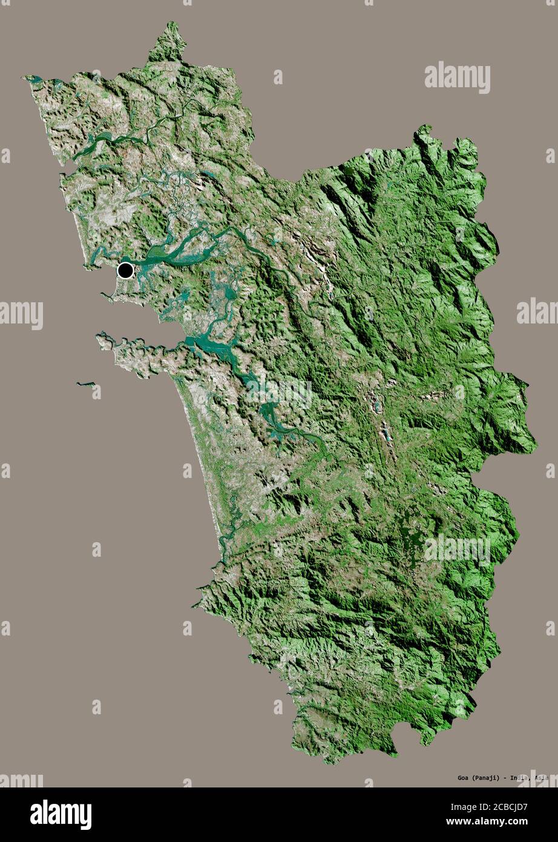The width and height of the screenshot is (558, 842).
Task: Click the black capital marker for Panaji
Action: pyautogui.click(x=125, y=270)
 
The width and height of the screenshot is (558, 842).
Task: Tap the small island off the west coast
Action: pyautogui.click(x=85, y=383)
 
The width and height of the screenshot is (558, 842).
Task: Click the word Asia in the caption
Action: pyautogui.click(x=541, y=777)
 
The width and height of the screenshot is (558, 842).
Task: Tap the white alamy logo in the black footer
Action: pyautogui.click(x=61, y=815)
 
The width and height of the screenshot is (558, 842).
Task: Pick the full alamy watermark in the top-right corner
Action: pyautogui.click(x=457, y=76)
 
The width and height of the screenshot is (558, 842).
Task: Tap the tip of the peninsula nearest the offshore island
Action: pyautogui.click(x=99, y=334)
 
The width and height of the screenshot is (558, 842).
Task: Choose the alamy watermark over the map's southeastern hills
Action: pyautogui.click(x=457, y=549)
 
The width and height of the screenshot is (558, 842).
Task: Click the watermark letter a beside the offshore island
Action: pyautogui.click(x=97, y=392)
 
